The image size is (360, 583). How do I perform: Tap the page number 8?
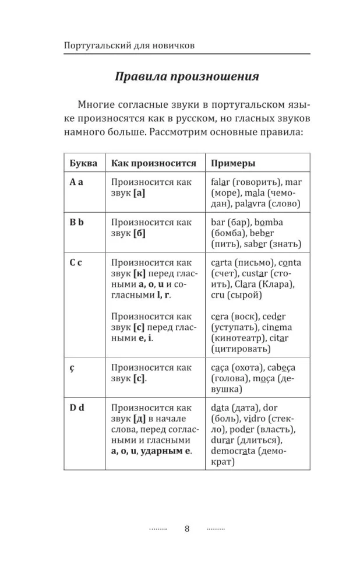click(187, 529)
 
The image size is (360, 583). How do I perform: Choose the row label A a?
click(76, 182)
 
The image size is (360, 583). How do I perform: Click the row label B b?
click(77, 223)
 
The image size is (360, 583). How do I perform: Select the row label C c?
click(76, 263)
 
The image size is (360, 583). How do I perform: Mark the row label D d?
click(77, 408)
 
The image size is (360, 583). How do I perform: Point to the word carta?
click(224, 263)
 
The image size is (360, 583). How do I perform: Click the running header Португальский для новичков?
click(129, 45)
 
